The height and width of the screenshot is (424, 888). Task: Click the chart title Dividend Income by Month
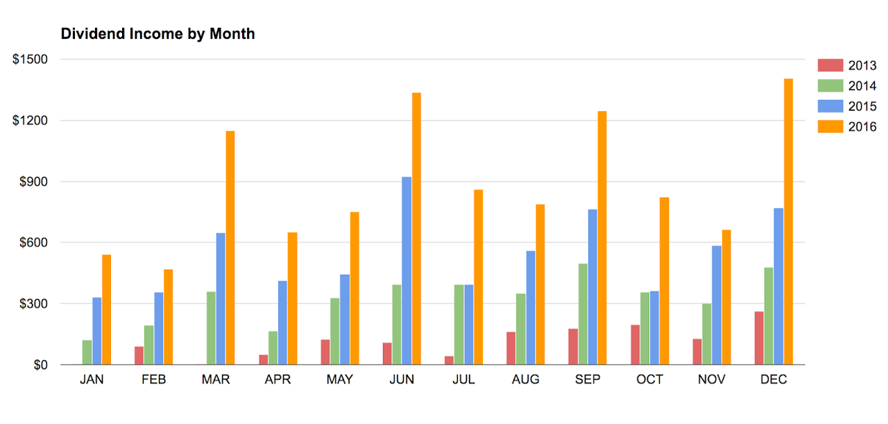point(157,34)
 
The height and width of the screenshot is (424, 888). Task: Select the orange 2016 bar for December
point(789,222)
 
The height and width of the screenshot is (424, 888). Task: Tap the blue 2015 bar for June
point(407,271)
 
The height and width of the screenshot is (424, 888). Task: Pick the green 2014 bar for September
point(583,314)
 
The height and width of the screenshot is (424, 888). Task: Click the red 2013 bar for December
point(759,339)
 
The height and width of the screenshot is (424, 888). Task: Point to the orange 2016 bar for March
point(230,248)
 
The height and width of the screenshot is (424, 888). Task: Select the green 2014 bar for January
point(87,353)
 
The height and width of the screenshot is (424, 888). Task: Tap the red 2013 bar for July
point(449,361)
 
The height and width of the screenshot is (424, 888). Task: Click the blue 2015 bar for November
point(717,305)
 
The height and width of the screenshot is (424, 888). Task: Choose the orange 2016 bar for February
point(169,317)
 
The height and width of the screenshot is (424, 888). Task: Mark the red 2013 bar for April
point(263,359)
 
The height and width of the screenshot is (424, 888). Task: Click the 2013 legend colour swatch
point(830,65)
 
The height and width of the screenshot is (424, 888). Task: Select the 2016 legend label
point(862,127)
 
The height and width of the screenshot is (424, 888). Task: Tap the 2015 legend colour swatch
point(830,106)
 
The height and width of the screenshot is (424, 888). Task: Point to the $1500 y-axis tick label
point(30,60)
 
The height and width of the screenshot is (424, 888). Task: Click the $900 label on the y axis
point(34,182)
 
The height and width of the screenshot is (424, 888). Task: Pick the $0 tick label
point(41,365)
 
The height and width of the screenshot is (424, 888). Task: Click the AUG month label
point(526,380)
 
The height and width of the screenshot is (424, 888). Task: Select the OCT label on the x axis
point(649,380)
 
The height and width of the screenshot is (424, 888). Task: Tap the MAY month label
point(340,380)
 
